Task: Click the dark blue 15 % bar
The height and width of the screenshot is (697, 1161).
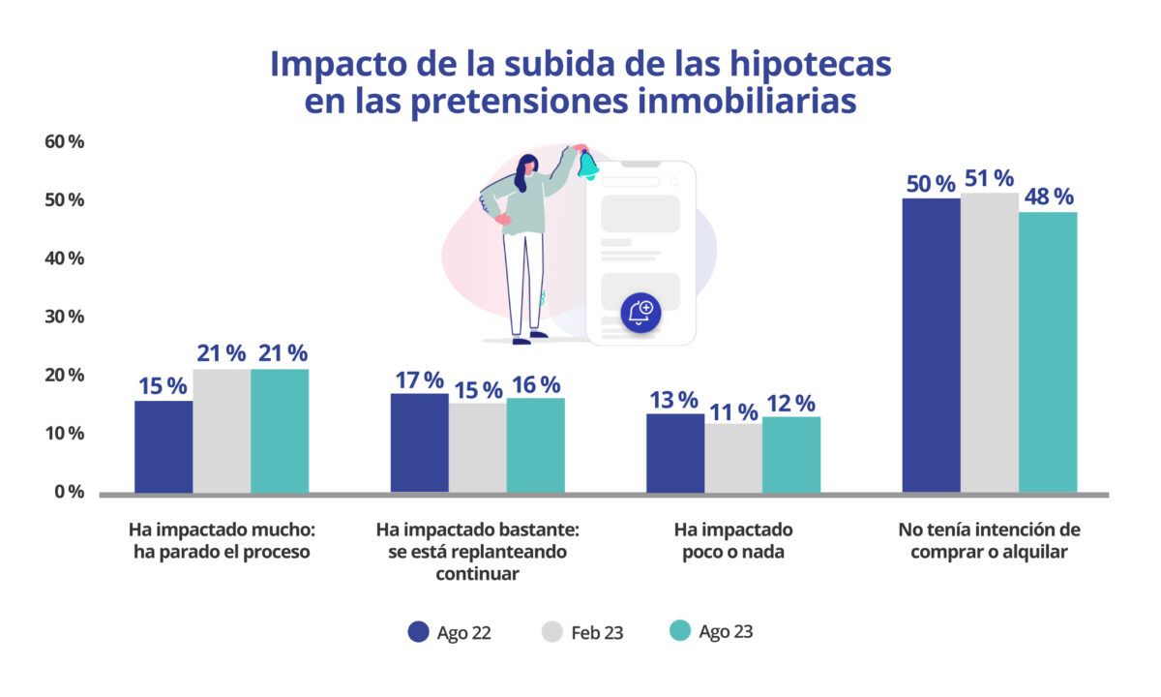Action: point(164,446)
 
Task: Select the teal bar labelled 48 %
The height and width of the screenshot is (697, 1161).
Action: point(1048,352)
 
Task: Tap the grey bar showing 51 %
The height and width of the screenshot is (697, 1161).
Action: point(989,343)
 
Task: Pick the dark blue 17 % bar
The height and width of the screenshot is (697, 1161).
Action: point(419,442)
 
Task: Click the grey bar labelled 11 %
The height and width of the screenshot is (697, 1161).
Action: point(732,458)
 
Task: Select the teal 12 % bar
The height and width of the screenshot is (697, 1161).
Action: point(791,454)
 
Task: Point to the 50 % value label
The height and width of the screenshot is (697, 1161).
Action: point(931,183)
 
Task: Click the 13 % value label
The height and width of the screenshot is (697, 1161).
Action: point(674,400)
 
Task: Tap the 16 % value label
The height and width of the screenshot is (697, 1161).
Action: point(536,384)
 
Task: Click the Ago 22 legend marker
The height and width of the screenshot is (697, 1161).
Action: point(418,632)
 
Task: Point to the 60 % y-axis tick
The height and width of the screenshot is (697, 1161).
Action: point(65,142)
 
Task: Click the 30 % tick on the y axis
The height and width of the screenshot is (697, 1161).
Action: point(65,317)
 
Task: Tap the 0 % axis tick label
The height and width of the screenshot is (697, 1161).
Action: point(69,492)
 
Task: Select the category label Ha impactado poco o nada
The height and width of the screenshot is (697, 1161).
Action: point(732,541)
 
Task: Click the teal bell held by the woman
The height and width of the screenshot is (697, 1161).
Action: point(588,164)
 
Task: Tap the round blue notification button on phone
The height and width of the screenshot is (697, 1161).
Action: point(640,312)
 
